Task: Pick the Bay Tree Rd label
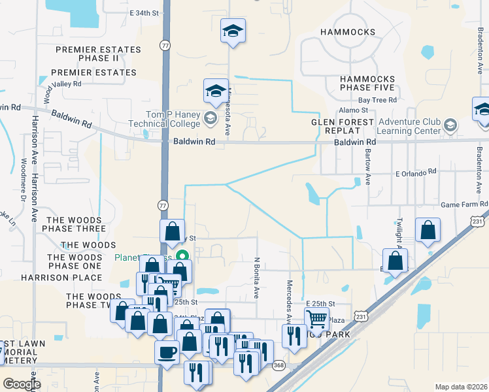377,100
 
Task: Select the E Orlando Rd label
416,172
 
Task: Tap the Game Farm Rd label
464,204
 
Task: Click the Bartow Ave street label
368,169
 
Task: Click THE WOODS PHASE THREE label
73,224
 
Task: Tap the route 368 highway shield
279,365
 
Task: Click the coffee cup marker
166,351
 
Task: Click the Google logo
22,384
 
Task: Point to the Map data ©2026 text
460,387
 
